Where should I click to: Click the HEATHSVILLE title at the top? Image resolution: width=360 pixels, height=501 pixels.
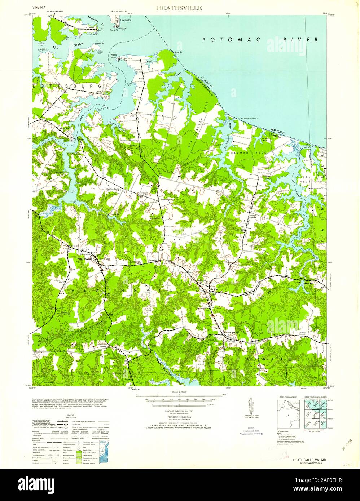(x=179, y=8)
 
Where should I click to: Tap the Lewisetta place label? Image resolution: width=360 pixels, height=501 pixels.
(x=126, y=21)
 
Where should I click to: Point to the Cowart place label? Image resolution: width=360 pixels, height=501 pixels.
(x=91, y=27)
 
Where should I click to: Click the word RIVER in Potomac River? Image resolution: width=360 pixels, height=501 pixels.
(x=301, y=40)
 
